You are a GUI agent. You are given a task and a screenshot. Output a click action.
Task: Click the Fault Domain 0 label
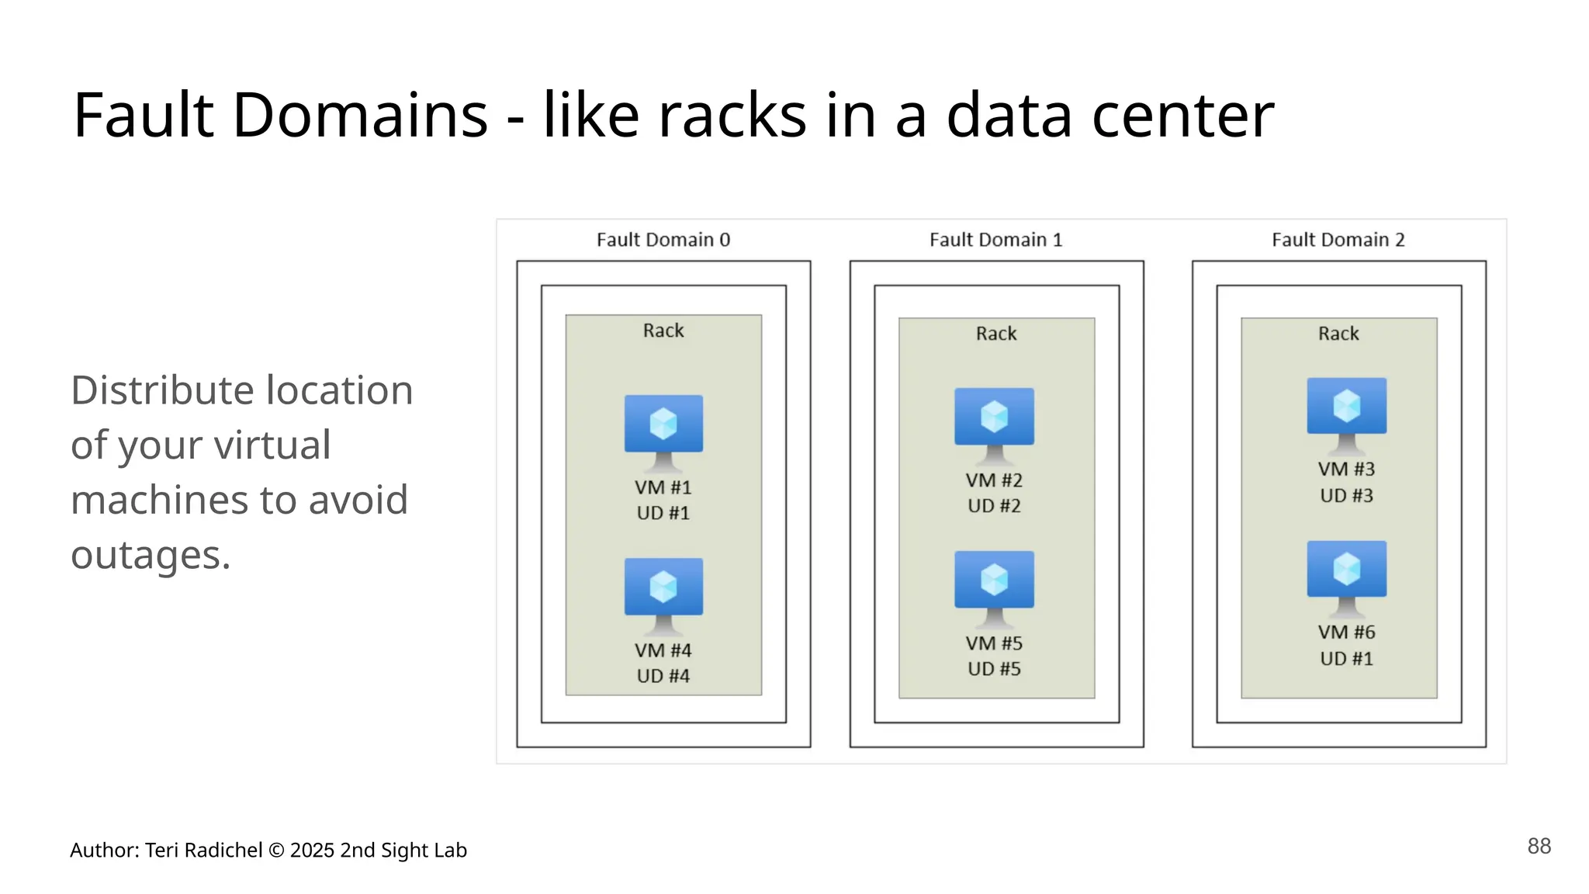(663, 240)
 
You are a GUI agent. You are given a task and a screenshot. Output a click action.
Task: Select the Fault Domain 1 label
(995, 240)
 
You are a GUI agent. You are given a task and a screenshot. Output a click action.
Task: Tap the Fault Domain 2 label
(1338, 240)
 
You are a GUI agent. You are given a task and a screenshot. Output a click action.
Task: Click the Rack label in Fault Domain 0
(663, 331)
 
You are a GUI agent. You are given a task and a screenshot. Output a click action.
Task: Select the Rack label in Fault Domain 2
(1338, 334)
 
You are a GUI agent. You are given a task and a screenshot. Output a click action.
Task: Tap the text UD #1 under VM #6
(1346, 659)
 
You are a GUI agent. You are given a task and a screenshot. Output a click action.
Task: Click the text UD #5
(994, 669)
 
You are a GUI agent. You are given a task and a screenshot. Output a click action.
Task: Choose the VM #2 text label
(994, 480)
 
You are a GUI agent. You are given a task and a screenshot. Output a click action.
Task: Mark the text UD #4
(663, 676)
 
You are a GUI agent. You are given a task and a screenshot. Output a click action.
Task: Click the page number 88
(1539, 846)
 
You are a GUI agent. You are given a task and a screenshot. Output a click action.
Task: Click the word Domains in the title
(360, 116)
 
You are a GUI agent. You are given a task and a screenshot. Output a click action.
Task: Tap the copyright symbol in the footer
(276, 851)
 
